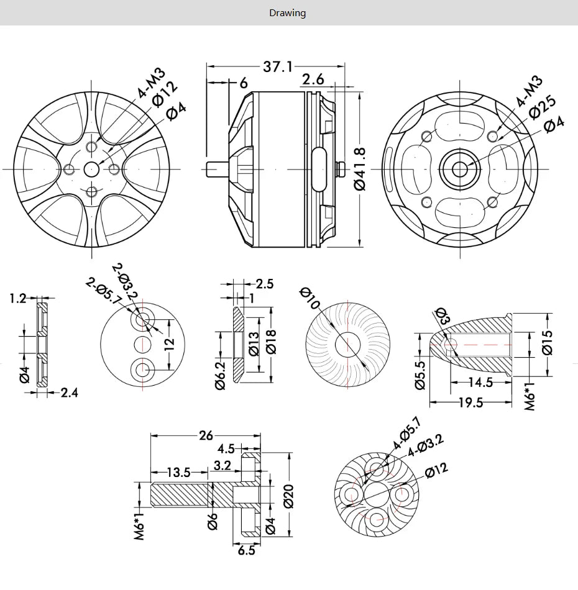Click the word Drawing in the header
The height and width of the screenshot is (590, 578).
click(x=287, y=12)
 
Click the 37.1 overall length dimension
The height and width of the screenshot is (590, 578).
click(x=277, y=66)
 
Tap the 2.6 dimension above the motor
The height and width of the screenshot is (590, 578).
click(x=313, y=79)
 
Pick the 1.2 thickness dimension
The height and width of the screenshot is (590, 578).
click(x=18, y=299)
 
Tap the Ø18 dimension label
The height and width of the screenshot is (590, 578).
click(x=271, y=340)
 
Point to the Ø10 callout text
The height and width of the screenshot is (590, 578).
click(x=309, y=297)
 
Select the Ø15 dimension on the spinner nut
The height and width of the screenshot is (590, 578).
click(x=547, y=342)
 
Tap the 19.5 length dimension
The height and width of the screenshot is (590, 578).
click(x=470, y=402)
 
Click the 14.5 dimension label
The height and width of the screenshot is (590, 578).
click(x=480, y=383)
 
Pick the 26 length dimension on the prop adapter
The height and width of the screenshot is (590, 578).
click(x=206, y=435)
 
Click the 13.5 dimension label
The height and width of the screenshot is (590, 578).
click(x=178, y=472)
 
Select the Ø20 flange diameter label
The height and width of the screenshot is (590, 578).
click(x=289, y=495)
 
